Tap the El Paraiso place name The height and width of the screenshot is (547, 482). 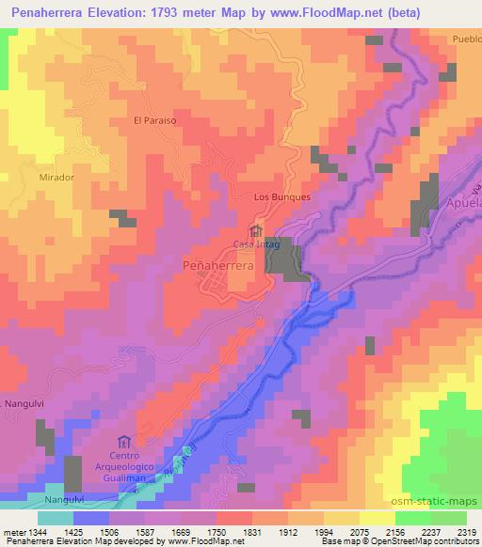155,120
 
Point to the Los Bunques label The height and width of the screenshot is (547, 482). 282,197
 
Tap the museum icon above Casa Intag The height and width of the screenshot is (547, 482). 255,230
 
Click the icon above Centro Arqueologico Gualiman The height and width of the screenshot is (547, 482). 124,441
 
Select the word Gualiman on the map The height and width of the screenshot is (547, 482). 124,478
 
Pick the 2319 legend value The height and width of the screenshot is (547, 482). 465,531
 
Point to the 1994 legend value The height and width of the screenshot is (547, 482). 340,531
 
